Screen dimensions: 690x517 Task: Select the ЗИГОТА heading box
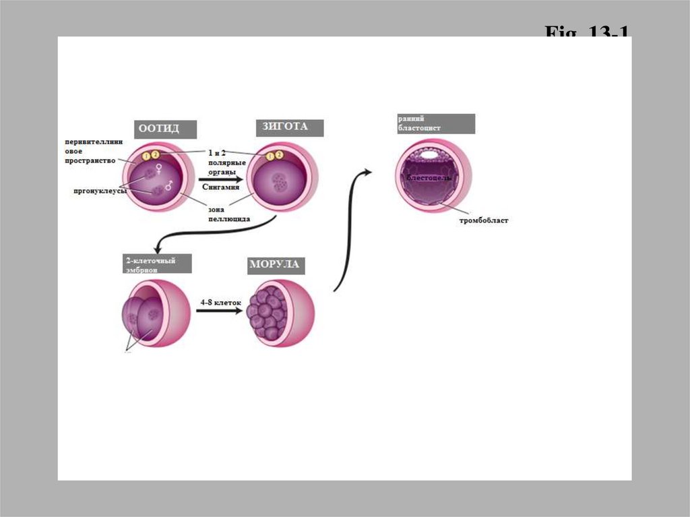(x=290, y=128)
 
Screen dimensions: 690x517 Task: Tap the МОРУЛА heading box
(x=274, y=265)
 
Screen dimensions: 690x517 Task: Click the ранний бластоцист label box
(x=436, y=124)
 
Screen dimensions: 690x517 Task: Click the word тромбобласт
(x=484, y=220)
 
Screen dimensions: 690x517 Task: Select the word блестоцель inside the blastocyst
(x=429, y=177)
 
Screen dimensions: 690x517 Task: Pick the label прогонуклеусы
(x=100, y=191)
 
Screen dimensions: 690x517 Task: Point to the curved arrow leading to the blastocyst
(x=348, y=229)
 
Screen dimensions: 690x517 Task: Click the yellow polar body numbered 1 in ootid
(x=146, y=157)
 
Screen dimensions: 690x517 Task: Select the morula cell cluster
(x=268, y=313)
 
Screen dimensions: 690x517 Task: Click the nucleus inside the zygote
(x=278, y=181)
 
